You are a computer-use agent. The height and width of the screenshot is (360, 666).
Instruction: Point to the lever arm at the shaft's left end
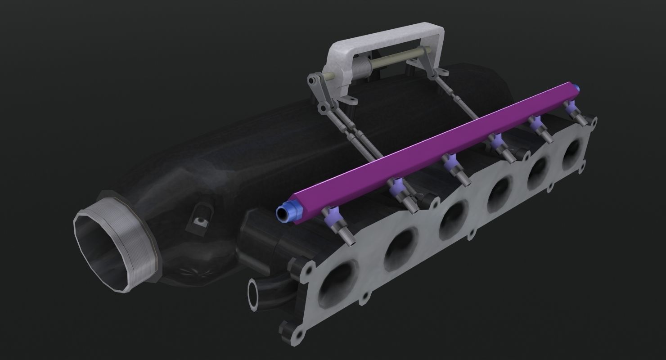(315, 85)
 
